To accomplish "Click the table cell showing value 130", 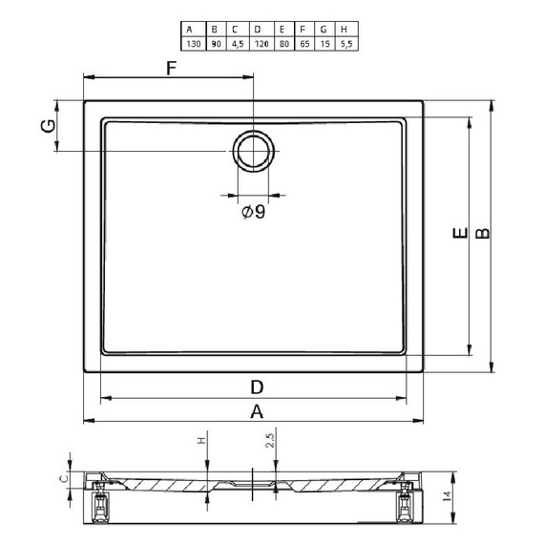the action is click(194, 44).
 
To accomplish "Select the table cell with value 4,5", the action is click(238, 44).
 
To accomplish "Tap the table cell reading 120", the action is click(262, 44).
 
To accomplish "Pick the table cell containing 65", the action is click(304, 44).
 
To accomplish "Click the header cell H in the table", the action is click(346, 30).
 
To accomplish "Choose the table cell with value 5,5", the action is click(346, 44).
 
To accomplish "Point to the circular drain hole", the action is click(254, 151).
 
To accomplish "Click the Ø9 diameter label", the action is click(254, 212).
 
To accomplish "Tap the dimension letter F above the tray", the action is click(172, 68).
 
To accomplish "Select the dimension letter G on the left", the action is click(48, 126).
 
